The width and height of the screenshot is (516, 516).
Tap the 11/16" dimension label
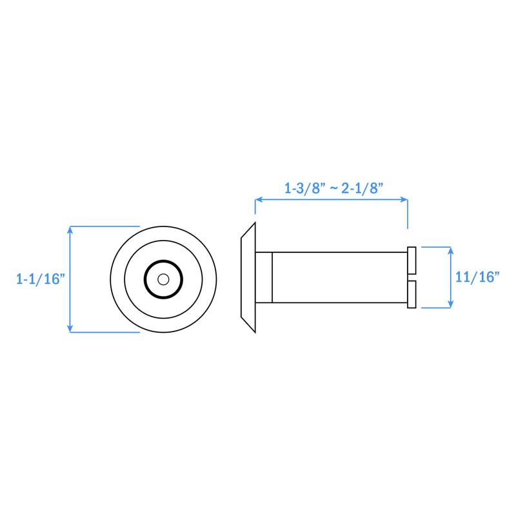click(x=478, y=277)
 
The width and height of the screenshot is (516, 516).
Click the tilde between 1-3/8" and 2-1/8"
click(x=333, y=190)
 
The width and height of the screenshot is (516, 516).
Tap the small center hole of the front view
click(x=163, y=279)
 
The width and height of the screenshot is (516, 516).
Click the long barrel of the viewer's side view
click(x=339, y=277)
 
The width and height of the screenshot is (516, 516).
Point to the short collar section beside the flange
click(x=265, y=277)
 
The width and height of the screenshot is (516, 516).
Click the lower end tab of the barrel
click(x=412, y=295)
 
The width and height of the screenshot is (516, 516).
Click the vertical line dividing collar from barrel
click(x=273, y=277)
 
